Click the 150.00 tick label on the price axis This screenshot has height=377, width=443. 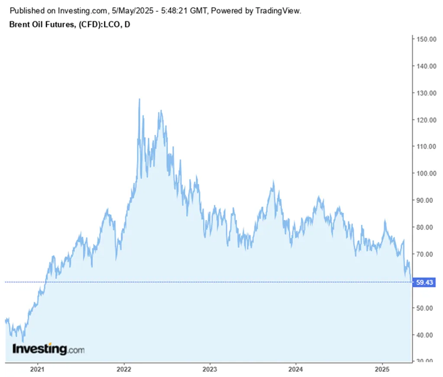tap(426, 39)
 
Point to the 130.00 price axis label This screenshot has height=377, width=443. tap(426, 93)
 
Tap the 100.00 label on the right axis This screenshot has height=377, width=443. tap(426, 173)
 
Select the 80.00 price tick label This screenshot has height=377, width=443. tap(426, 227)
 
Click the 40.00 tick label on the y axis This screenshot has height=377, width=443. tap(426, 335)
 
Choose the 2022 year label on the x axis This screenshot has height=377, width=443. tap(124, 370)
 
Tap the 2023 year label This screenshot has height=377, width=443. tap(210, 370)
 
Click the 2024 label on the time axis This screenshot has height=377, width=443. tap(296, 370)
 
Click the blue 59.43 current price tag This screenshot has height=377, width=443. tap(424, 282)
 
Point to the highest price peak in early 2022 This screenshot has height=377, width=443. tap(139, 99)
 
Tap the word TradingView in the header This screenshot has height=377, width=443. tap(278, 10)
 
